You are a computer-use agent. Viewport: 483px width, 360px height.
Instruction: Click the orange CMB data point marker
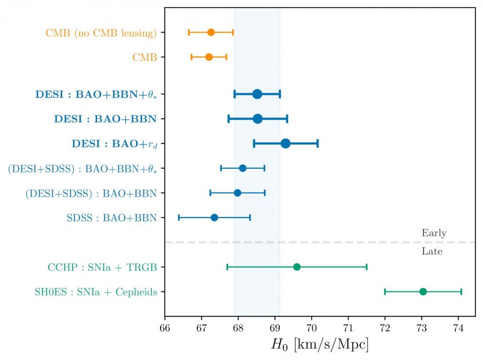(x=209, y=57)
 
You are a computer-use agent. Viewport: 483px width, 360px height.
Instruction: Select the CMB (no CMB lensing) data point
(x=211, y=32)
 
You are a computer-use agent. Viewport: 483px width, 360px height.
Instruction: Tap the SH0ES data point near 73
(x=423, y=292)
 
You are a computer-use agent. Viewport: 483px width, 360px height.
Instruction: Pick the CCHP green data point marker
(x=297, y=267)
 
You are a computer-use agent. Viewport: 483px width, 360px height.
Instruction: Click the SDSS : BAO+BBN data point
(x=214, y=217)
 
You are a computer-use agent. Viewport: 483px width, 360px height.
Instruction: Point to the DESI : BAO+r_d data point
(x=285, y=143)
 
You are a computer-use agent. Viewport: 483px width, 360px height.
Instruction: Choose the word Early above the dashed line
(x=434, y=233)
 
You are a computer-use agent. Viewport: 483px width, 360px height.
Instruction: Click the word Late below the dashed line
(x=432, y=252)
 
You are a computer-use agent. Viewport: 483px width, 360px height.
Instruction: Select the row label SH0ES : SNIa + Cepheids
(x=96, y=292)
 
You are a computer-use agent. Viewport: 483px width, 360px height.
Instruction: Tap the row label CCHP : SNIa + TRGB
(x=102, y=268)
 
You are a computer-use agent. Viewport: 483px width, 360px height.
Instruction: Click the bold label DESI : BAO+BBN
(x=105, y=119)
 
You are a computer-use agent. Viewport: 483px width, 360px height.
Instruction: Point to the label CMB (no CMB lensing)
(x=101, y=33)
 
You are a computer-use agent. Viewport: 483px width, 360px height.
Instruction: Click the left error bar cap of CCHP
(x=227, y=267)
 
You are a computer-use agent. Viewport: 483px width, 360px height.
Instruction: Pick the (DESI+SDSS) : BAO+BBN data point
(x=237, y=193)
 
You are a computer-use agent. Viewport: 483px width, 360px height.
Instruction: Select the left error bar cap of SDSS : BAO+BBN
(x=179, y=217)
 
